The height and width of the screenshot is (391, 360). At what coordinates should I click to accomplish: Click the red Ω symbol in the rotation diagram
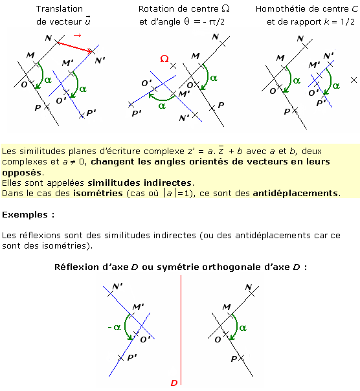tap(164, 59)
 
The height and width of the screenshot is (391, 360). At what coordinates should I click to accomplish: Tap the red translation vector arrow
tap(75, 47)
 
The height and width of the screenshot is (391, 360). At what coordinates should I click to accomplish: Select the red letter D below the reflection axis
tap(174, 383)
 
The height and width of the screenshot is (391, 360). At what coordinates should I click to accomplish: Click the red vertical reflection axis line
tap(181, 330)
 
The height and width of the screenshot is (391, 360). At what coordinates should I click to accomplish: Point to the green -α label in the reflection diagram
tap(115, 327)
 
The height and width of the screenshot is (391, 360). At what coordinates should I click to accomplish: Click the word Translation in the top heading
tap(60, 8)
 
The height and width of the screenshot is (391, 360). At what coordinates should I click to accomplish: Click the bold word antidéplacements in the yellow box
tap(295, 193)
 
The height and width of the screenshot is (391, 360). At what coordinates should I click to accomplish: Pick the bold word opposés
tap(23, 173)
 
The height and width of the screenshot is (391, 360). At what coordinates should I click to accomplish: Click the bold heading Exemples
tap(25, 214)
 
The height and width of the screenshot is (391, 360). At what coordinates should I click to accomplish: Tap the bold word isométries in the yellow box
tap(98, 193)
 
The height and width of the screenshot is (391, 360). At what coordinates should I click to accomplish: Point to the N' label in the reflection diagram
tap(117, 286)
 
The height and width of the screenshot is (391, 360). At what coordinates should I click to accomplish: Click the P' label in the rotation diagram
tap(137, 114)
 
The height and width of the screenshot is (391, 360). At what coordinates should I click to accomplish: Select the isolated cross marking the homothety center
tap(354, 80)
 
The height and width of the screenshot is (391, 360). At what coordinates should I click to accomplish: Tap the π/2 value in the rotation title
tap(216, 22)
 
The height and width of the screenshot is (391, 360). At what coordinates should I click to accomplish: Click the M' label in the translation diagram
tap(67, 63)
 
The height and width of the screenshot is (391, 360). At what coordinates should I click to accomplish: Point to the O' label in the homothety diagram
tap(313, 93)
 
